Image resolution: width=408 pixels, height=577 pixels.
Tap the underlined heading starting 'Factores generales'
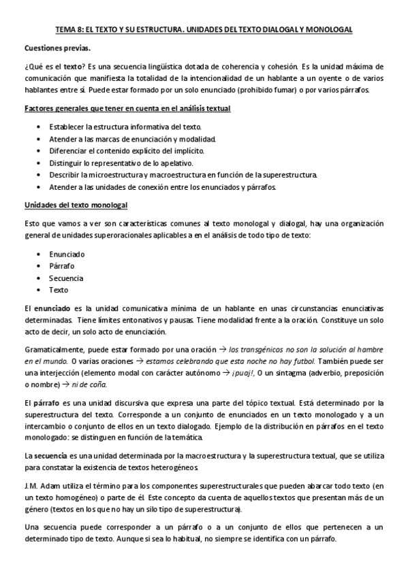point(127,109)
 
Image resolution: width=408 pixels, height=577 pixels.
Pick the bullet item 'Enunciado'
point(63,254)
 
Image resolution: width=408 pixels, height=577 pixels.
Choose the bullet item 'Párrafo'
point(61,265)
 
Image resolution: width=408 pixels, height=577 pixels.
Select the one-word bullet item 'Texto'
point(59,289)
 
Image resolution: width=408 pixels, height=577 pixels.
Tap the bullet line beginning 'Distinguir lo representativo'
point(121,163)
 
